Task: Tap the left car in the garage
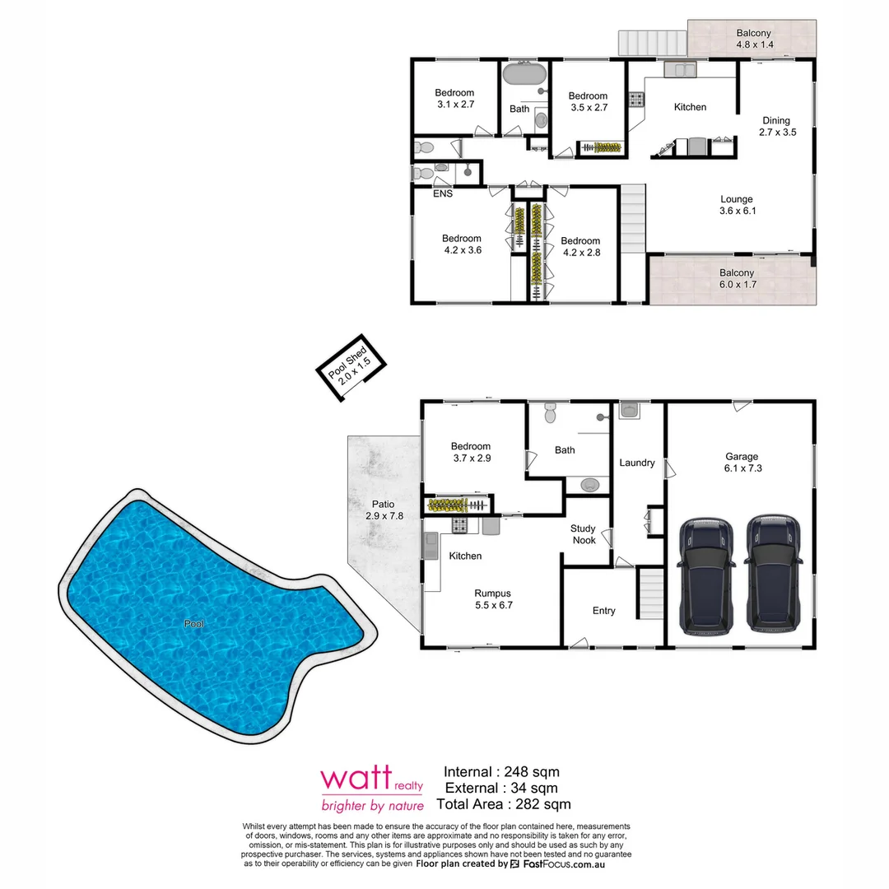(706, 576)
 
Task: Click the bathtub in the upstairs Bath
(524, 75)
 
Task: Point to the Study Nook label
(584, 535)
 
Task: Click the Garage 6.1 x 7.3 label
(742, 462)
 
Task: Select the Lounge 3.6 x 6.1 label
(737, 205)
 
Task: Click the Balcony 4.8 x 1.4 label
(754, 39)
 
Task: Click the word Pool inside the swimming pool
(194, 624)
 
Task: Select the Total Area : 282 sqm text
(503, 804)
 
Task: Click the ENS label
(443, 194)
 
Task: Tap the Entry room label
(603, 611)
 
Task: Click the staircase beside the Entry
(650, 593)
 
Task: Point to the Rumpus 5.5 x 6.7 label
(492, 598)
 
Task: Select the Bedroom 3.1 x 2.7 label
(455, 99)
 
